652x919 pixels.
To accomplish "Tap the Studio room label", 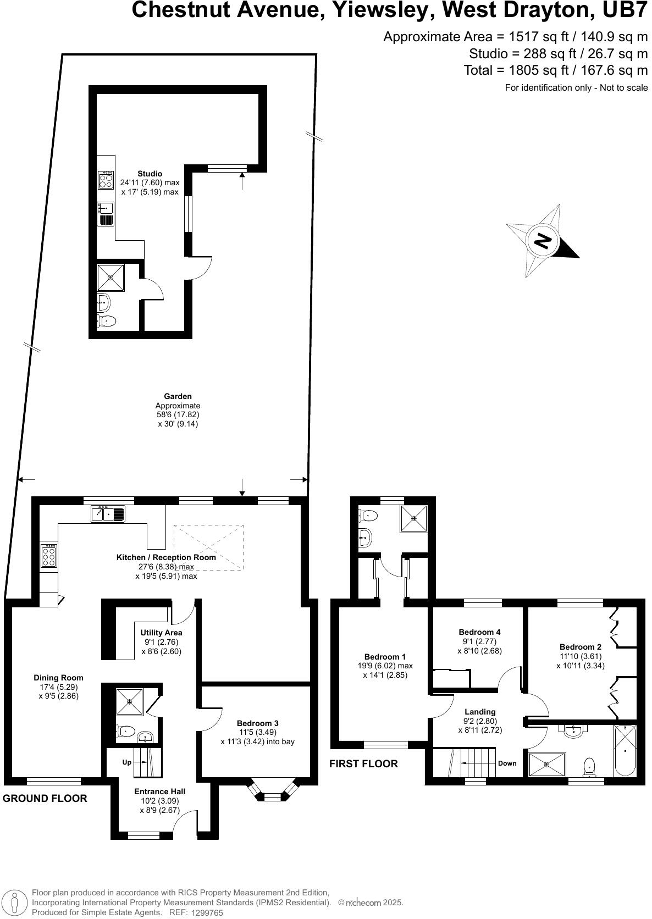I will point(150,174).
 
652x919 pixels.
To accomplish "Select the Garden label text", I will point(178,396).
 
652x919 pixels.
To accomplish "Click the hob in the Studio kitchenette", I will point(106,180).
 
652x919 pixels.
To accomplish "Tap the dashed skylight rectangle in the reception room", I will point(209,547).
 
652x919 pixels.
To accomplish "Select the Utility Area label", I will point(161,633).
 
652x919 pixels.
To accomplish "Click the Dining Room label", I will point(58,678).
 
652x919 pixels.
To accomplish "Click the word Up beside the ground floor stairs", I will point(127,762).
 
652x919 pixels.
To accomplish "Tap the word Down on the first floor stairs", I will point(507,763).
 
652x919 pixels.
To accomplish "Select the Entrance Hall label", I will point(160,791).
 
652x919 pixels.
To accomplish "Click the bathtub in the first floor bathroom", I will point(625,750).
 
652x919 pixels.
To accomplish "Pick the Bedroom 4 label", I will point(479,632).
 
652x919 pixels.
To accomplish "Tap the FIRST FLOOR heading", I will point(363,763).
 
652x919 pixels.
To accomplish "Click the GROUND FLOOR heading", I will point(45,798).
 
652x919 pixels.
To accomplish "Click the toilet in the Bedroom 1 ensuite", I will point(369,516).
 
